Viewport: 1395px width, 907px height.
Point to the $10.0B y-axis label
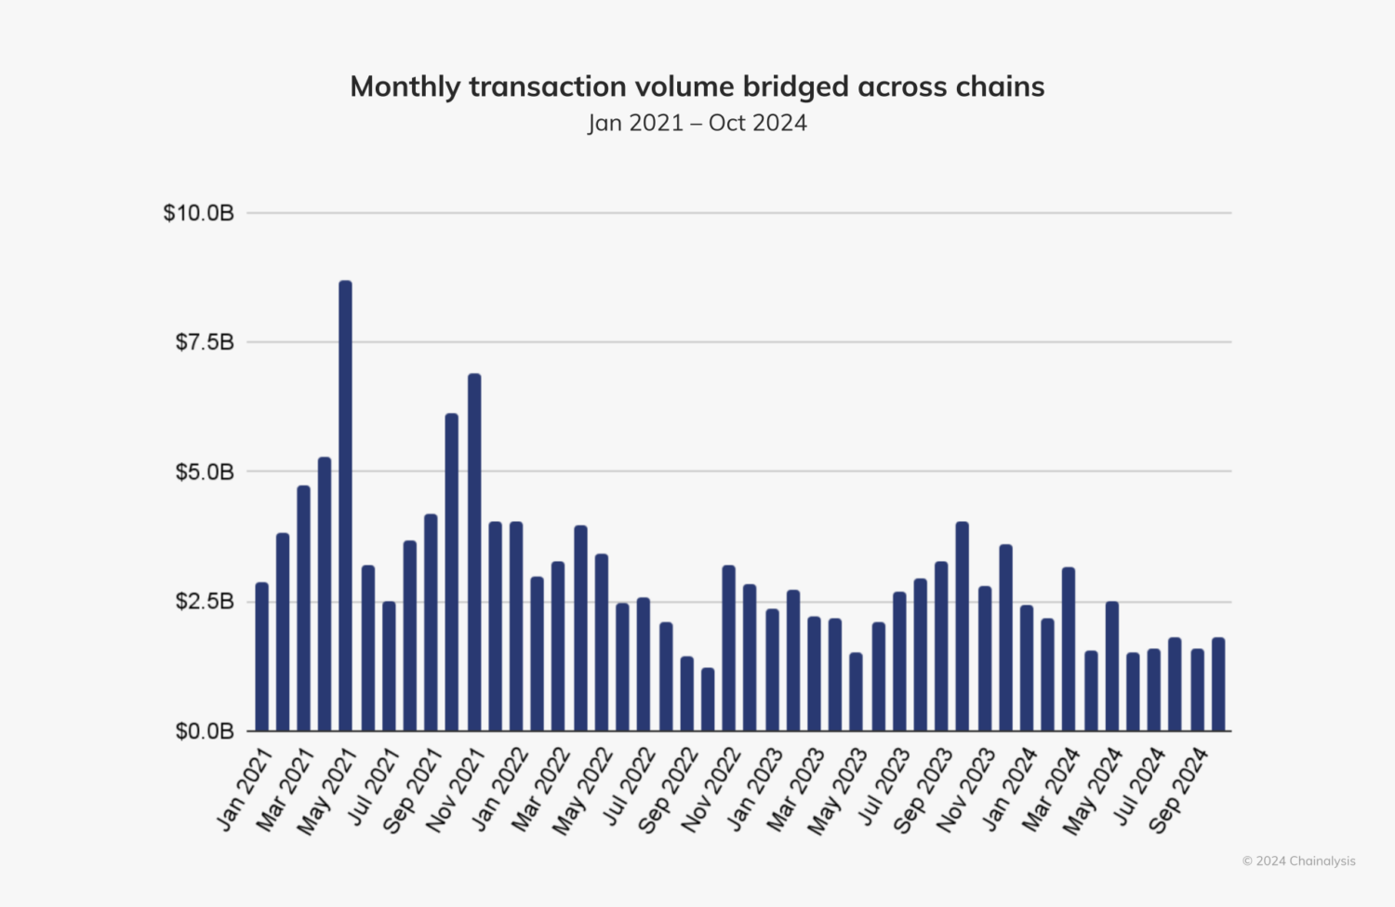point(198,213)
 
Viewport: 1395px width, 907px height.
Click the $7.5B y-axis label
point(205,342)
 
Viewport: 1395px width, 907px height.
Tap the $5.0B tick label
point(205,473)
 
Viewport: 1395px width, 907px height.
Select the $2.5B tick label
point(205,602)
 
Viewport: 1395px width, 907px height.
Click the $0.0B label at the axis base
point(205,732)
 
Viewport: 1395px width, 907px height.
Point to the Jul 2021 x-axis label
point(373,786)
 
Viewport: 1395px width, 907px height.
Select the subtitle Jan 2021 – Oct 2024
point(697,123)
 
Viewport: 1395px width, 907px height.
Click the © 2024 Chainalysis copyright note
point(1298,861)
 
